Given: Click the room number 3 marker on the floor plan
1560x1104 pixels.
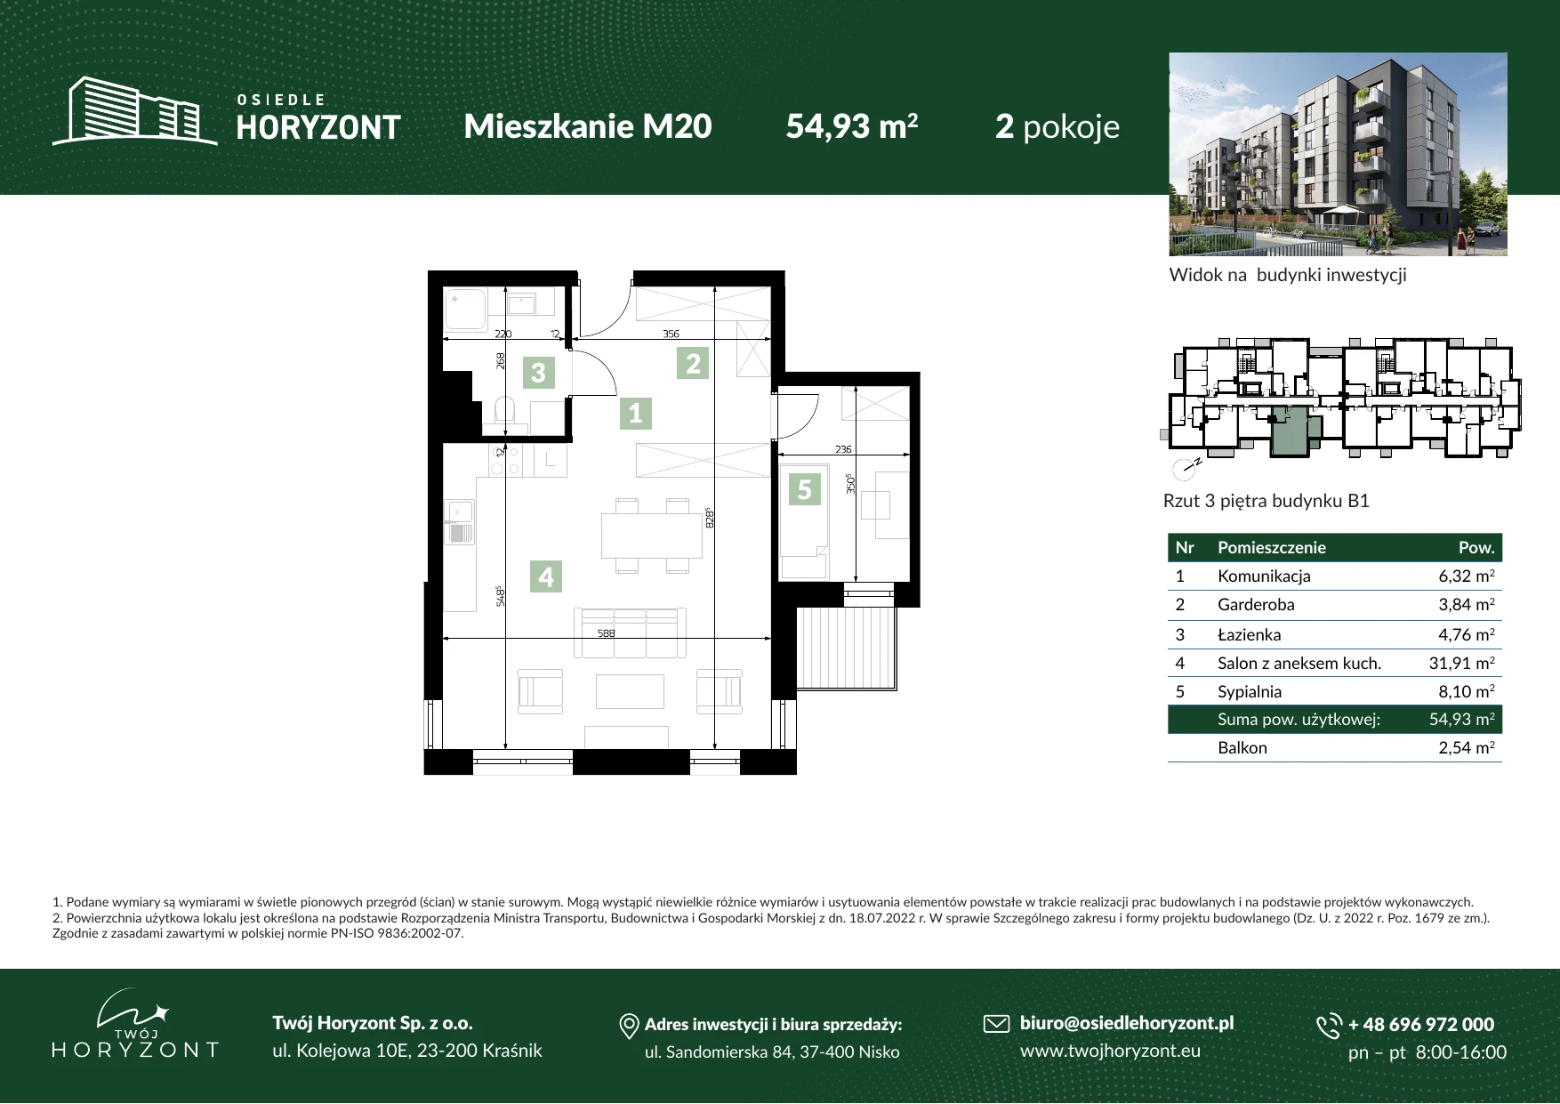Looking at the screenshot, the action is [538, 372].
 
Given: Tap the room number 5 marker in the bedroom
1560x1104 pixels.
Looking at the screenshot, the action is [805, 489].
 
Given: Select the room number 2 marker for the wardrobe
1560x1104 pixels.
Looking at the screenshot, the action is [693, 363].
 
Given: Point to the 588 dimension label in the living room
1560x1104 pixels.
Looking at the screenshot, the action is [606, 633].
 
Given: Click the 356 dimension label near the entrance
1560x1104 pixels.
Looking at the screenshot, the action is [671, 334].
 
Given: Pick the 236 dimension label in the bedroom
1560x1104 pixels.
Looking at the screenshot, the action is [843, 449].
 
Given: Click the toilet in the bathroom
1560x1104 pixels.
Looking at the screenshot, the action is [504, 411].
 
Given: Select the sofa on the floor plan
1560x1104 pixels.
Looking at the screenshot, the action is [630, 633].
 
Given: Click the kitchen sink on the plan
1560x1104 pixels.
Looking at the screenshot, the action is [460, 521].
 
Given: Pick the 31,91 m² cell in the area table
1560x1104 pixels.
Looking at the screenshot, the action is [1461, 663].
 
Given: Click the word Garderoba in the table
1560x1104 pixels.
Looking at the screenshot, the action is [1256, 605].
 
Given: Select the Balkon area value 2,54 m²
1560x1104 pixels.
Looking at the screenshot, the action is [1467, 747].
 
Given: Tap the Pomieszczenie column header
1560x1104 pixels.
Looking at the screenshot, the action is [1272, 548].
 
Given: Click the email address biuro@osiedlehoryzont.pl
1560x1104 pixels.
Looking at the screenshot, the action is [1127, 1023].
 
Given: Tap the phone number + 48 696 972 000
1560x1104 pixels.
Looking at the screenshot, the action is [1421, 1024].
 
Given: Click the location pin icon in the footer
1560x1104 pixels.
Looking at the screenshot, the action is [629, 1026].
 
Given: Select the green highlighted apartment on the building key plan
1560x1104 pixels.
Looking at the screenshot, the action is [1289, 431].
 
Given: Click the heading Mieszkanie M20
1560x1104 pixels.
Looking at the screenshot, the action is [588, 126].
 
